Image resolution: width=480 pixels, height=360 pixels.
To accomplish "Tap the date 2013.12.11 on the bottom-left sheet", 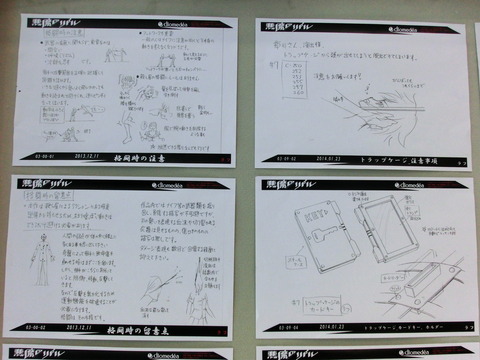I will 80,326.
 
